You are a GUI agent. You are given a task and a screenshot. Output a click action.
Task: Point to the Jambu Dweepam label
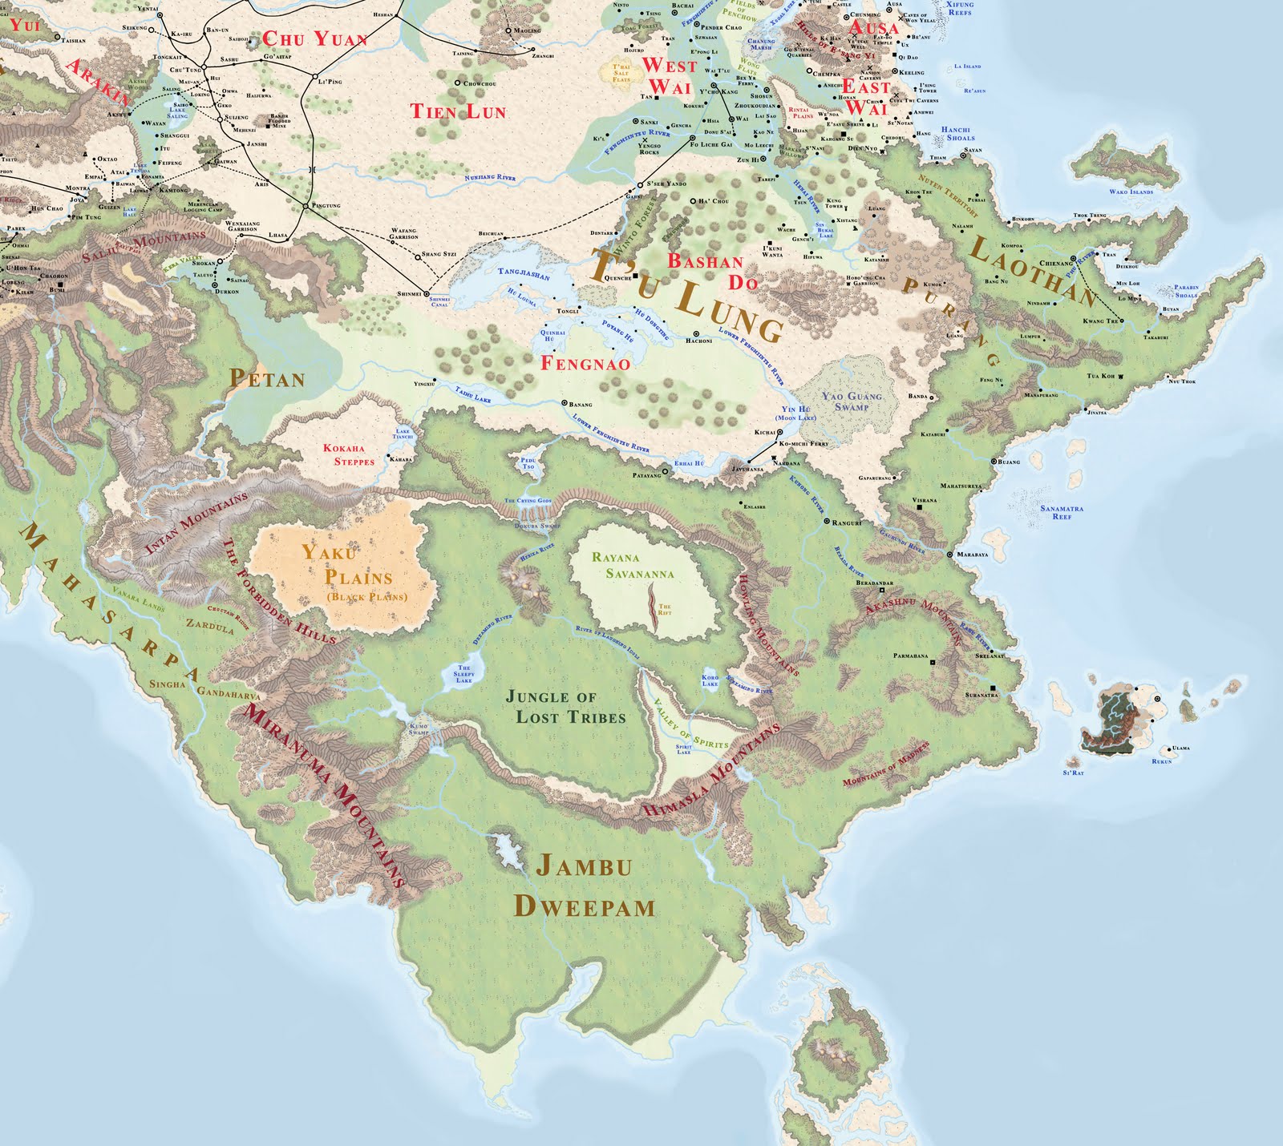pos(584,885)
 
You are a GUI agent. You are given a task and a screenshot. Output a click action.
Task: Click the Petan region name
pos(267,378)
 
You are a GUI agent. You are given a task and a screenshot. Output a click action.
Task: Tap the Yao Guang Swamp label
pos(851,401)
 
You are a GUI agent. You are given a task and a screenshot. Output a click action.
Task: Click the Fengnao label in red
pos(585,363)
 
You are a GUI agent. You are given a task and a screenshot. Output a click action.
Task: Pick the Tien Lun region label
pos(458,111)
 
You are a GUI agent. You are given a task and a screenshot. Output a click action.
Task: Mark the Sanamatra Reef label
pos(1062,512)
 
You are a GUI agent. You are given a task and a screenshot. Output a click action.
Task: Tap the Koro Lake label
pos(710,680)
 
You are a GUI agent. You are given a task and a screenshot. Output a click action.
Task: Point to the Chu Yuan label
pos(314,38)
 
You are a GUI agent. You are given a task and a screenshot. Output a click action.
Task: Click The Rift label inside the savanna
pos(664,610)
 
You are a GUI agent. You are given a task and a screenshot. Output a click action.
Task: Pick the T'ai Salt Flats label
pos(621,73)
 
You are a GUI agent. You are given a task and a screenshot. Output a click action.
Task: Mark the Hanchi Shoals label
pos(956,133)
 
